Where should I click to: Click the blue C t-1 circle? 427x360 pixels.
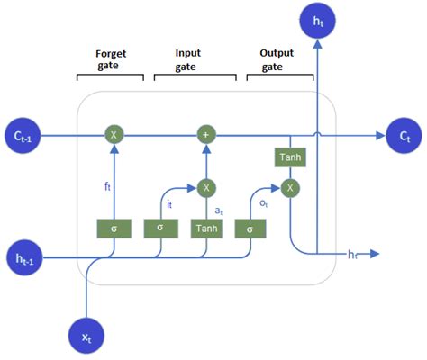(23, 135)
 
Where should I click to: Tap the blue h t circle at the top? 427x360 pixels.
(316, 22)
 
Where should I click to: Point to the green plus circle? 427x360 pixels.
(206, 135)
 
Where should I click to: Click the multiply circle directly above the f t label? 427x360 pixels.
(114, 135)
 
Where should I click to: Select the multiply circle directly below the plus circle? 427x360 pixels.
(206, 187)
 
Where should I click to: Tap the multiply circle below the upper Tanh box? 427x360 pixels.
(289, 187)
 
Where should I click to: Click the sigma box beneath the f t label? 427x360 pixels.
(114, 229)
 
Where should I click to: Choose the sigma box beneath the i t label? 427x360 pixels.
(159, 228)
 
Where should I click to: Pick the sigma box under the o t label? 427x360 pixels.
(248, 229)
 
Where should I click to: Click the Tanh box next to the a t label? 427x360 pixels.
(206, 229)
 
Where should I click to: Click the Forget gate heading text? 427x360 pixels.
(111, 59)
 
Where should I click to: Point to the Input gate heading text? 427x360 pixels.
(187, 59)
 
